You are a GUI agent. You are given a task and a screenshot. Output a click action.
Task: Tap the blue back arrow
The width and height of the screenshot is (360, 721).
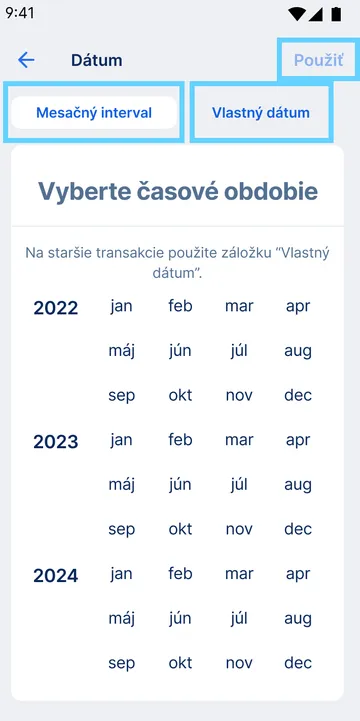pos(26,60)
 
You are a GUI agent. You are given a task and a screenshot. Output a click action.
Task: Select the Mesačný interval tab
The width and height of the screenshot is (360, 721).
pos(94,113)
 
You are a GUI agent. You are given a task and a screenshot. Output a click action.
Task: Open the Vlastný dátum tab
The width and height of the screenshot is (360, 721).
pos(261,113)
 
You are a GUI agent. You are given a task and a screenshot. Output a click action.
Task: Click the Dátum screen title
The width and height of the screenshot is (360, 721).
pos(97,60)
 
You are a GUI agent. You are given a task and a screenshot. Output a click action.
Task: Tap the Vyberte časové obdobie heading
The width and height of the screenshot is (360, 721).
pos(178,191)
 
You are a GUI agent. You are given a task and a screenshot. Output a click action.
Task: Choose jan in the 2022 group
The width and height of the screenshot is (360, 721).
pos(121,306)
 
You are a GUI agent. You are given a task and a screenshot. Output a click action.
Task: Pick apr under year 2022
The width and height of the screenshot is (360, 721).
pos(298,306)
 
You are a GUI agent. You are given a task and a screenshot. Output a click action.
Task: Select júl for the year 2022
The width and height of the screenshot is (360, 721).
pos(239,351)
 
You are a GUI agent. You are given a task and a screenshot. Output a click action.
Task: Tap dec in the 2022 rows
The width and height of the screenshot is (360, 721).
pos(298,395)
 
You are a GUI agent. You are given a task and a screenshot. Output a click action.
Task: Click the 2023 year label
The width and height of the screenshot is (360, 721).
pos(56,441)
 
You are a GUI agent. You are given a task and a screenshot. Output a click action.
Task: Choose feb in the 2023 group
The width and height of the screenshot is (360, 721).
pos(180,440)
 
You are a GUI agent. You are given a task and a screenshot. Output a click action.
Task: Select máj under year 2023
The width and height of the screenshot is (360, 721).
pos(121,485)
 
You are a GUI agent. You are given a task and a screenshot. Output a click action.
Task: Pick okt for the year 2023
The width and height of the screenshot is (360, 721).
pos(180,529)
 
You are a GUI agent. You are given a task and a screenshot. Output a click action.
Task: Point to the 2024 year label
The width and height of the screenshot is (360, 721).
pos(56,575)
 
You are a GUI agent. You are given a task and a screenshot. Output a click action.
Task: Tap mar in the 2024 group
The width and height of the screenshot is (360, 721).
pos(239,574)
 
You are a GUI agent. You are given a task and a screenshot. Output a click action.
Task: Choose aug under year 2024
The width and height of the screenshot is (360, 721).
pos(298,619)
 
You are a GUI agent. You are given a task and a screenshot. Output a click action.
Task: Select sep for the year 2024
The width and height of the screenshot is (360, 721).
pos(121,663)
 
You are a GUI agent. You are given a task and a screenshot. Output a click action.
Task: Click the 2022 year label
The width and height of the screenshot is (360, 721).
pos(56,307)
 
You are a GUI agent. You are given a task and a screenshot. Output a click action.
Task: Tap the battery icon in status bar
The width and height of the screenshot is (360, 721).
pos(335,14)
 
